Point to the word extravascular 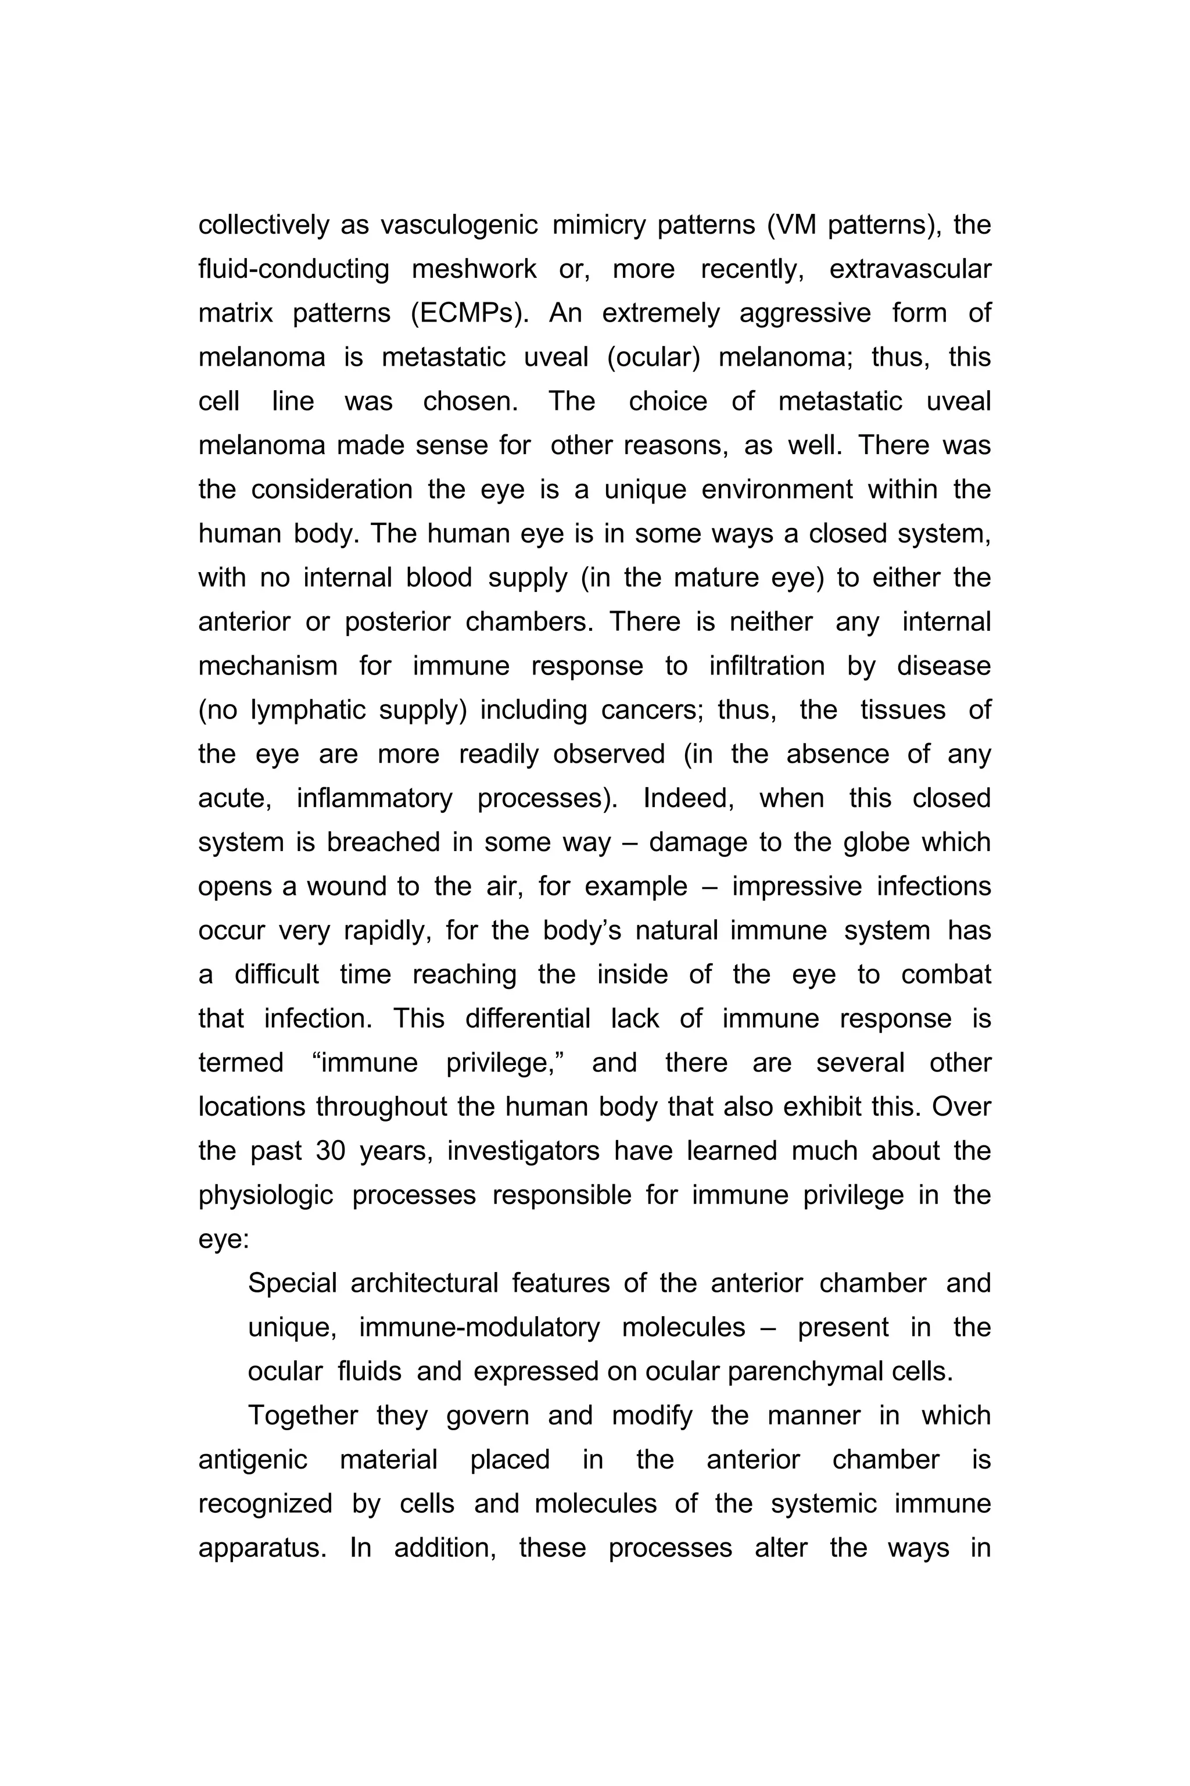pos(910,270)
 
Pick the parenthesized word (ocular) pos(654,358)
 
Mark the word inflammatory pos(374,799)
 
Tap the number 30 pos(330,1151)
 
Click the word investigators pos(523,1151)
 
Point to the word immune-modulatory pos(479,1328)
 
